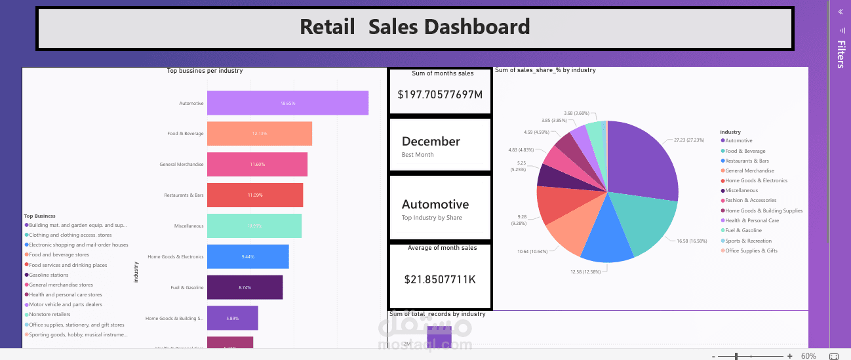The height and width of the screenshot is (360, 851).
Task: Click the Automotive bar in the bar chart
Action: click(x=287, y=103)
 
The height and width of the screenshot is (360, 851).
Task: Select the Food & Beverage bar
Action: click(x=259, y=134)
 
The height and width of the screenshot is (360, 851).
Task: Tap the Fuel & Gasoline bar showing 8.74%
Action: click(x=245, y=287)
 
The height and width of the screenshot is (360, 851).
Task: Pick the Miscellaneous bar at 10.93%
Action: click(x=254, y=226)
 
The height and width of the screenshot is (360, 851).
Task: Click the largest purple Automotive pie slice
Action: click(x=643, y=161)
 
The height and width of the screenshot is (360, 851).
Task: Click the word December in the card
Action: click(x=431, y=141)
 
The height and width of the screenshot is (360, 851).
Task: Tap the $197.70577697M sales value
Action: click(x=440, y=94)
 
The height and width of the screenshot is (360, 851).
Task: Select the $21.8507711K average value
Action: click(x=440, y=279)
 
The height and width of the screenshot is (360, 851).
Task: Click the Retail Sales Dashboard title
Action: click(x=414, y=27)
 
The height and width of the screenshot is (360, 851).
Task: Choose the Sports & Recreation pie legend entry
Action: click(x=747, y=241)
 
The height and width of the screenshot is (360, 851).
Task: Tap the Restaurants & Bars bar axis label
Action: click(x=184, y=195)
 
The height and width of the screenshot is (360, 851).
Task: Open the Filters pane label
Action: click(x=841, y=54)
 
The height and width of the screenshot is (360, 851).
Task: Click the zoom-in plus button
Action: click(x=790, y=356)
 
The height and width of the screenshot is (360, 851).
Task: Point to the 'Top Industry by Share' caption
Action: click(x=431, y=218)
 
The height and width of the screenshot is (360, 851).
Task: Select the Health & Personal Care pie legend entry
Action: click(x=751, y=220)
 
